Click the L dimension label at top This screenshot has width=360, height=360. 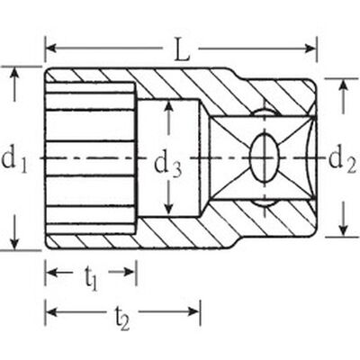[181, 49]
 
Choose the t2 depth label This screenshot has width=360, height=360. [122, 317]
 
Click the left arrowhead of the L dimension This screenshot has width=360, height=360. [51, 48]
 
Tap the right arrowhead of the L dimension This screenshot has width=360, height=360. [310, 48]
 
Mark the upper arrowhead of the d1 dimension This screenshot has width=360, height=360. [14, 74]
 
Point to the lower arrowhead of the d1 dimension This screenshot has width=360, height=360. [14, 243]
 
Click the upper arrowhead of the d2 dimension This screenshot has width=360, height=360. [345, 85]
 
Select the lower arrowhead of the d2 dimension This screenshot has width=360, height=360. [345, 230]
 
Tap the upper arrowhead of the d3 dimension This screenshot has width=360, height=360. [169, 107]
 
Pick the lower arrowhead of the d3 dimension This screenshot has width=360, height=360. [169, 209]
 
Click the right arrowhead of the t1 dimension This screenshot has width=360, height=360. [129, 272]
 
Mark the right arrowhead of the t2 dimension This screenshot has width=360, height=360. [193, 312]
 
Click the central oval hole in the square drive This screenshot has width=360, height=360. [265, 157]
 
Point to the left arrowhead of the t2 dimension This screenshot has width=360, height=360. [52, 312]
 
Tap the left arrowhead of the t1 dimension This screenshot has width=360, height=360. [52, 272]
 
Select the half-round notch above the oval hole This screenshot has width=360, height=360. [265, 112]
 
